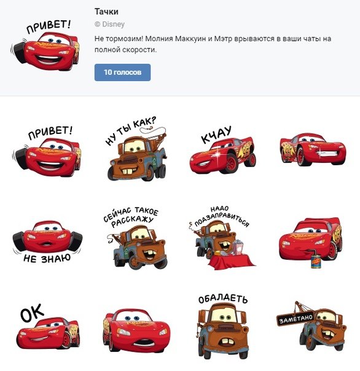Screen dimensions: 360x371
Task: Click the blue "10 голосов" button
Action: [x=122, y=72]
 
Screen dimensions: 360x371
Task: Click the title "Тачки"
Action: [x=106, y=12]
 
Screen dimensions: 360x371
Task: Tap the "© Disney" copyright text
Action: [x=109, y=24]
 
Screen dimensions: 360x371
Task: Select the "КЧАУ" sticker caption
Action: [x=216, y=135]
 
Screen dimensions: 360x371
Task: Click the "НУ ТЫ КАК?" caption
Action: [x=131, y=131]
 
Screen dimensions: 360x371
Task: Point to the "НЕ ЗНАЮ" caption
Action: [x=47, y=259]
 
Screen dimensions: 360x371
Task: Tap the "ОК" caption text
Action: [x=32, y=313]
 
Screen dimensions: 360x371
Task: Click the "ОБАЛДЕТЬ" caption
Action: [x=223, y=299]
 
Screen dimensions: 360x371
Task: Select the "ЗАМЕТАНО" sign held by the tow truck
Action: [x=295, y=319]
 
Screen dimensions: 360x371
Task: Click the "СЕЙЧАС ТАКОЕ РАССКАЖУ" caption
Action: [x=131, y=217]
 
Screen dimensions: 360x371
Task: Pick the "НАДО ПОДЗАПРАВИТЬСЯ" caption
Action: [x=222, y=216]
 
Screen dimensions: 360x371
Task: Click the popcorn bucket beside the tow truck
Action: [x=238, y=248]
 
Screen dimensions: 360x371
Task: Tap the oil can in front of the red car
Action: [x=316, y=261]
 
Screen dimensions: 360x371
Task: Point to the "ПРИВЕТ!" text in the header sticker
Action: [x=49, y=26]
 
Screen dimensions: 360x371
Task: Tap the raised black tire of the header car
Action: [x=20, y=53]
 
